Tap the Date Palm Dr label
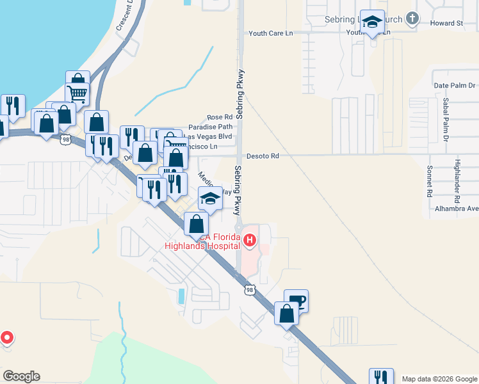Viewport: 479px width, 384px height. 455,85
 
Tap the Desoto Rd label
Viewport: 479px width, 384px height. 263,156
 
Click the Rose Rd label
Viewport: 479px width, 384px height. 218,118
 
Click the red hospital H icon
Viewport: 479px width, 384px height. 249,241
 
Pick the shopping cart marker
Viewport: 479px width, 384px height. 77,94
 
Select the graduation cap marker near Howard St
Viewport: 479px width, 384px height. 371,22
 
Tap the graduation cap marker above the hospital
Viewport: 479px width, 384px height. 210,199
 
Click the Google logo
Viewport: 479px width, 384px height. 21,376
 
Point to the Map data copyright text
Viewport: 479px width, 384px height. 439,379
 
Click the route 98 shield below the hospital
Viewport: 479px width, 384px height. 249,290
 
